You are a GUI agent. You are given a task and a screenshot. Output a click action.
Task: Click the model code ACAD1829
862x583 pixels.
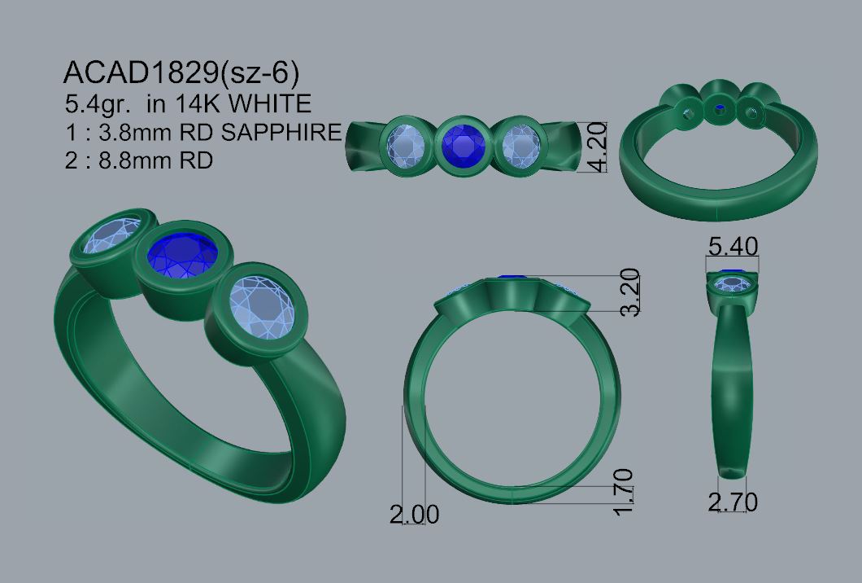pyautogui.click(x=141, y=72)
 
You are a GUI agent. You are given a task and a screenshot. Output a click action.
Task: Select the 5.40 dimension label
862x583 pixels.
pyautogui.click(x=733, y=246)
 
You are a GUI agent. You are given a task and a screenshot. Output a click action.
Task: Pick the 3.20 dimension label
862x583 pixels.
pyautogui.click(x=630, y=291)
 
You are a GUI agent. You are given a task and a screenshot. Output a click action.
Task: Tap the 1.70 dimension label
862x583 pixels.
pyautogui.click(x=622, y=492)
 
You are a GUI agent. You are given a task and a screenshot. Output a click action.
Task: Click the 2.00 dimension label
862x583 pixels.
pyautogui.click(x=415, y=515)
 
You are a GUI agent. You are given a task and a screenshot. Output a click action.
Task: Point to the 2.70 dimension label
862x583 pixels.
pyautogui.click(x=733, y=502)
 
